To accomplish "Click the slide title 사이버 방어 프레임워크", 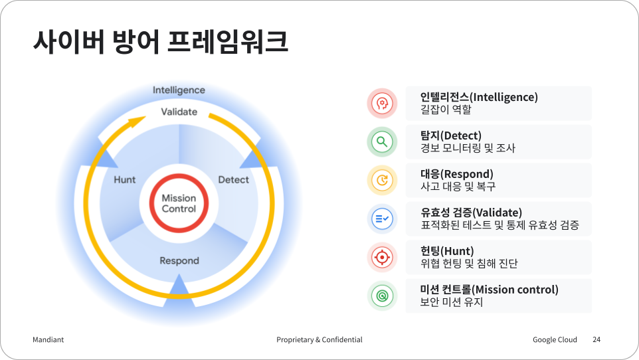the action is coord(161,42).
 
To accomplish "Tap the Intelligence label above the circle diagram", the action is coord(179,90).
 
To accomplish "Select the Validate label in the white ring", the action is coord(179,112).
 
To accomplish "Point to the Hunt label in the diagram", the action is coord(125,180).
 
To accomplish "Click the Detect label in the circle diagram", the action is coord(234,180).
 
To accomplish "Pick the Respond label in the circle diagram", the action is coord(179,260).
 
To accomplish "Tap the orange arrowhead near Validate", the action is coord(136,121).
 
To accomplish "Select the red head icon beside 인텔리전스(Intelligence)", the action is coord(382,103).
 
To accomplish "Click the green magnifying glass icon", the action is coord(382,142).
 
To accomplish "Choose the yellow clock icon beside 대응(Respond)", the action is coord(382,180).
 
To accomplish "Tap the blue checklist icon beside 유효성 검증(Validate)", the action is coord(382,219).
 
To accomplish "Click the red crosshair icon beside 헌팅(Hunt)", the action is coord(382,257).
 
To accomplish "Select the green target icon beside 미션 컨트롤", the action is coord(382,296).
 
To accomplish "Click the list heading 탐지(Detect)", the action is coord(451,135).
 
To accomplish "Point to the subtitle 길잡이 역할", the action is coord(446,110).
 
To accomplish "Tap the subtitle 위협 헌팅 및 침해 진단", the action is coord(469,264).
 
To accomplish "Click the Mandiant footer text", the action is coord(48,339).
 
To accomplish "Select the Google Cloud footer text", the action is coord(555,339).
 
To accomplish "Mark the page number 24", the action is coord(596,339).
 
